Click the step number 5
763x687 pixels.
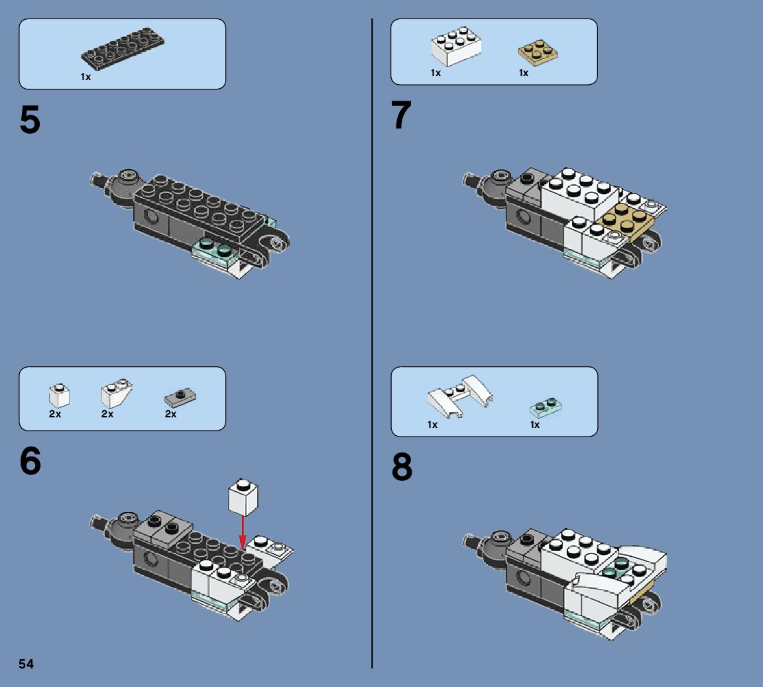(x=30, y=120)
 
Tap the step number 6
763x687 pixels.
(x=30, y=461)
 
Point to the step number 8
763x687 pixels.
(x=402, y=467)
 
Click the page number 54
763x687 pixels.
(x=27, y=664)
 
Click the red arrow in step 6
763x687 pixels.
(x=243, y=532)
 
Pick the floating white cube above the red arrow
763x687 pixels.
(x=243, y=496)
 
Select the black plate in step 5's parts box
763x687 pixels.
(x=123, y=48)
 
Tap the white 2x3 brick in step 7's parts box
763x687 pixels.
(x=456, y=46)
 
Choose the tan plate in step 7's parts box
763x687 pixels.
(x=538, y=52)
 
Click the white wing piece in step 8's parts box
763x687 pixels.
(x=460, y=396)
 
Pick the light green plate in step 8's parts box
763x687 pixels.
(x=546, y=407)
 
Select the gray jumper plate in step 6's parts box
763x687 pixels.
(x=180, y=397)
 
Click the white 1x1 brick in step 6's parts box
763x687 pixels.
(x=60, y=396)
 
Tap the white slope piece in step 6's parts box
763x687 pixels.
(x=116, y=393)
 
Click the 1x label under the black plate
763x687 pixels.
(x=86, y=77)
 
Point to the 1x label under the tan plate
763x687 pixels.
(x=524, y=73)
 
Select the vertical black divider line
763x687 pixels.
(x=373, y=343)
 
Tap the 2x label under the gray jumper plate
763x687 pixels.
(x=170, y=414)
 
